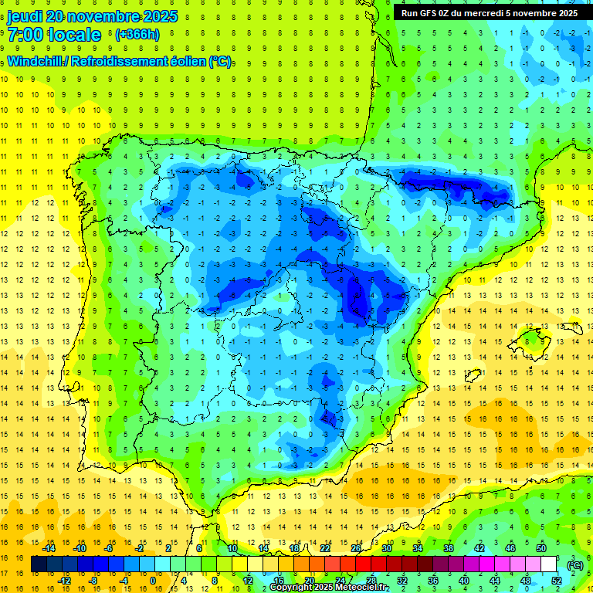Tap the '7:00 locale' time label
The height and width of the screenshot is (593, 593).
coord(54,35)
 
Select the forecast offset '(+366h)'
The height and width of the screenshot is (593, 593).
coord(137,35)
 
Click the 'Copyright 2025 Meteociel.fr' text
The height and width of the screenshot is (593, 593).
coord(329,588)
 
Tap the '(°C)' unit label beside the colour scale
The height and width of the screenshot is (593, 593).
coord(575,565)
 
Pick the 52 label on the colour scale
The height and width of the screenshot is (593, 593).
coord(556,581)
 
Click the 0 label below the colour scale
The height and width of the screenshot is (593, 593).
coord(153,581)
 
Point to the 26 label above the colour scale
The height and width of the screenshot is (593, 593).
coord(356,548)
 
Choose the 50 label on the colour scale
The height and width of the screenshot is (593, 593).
coord(541,548)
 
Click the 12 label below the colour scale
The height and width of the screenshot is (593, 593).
coord(247,581)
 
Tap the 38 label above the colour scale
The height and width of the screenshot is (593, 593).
coord(449,548)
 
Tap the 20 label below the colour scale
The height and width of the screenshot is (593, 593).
coord(309,581)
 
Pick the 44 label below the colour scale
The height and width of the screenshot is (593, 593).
coord(495,581)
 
